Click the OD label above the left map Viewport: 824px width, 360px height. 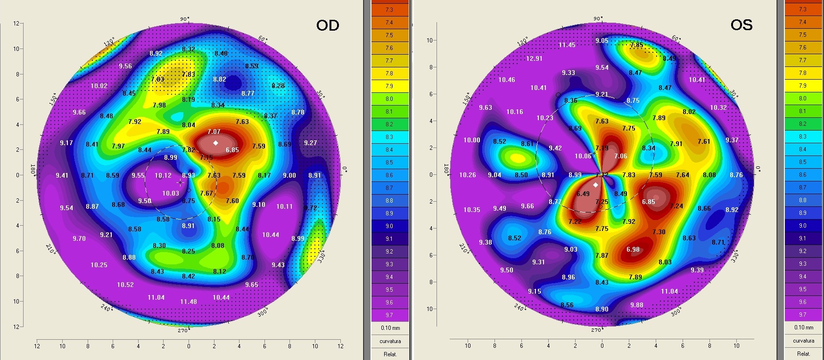[x=328, y=25]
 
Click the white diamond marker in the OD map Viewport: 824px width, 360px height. [x=216, y=143]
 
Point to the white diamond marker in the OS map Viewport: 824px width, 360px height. [x=595, y=185]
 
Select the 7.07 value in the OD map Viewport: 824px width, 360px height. [x=214, y=131]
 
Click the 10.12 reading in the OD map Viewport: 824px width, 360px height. [x=163, y=176]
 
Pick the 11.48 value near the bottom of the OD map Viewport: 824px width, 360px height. [x=189, y=302]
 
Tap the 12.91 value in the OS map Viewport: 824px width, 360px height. [x=534, y=59]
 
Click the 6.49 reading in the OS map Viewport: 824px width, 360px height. [x=583, y=194]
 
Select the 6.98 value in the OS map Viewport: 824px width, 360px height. [x=633, y=249]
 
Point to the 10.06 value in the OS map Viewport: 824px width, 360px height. [x=583, y=156]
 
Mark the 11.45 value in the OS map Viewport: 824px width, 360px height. [x=567, y=45]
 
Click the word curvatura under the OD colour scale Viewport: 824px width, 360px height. [x=390, y=341]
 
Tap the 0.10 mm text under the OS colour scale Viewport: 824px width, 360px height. [x=804, y=327]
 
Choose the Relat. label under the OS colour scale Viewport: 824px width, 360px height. [x=804, y=353]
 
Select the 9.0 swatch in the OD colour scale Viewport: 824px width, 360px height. [x=389, y=226]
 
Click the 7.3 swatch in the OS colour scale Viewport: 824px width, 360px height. [x=803, y=9]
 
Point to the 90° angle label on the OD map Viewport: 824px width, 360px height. [x=185, y=19]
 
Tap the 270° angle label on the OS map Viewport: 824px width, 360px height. [x=596, y=330]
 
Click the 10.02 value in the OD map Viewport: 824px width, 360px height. [x=99, y=86]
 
